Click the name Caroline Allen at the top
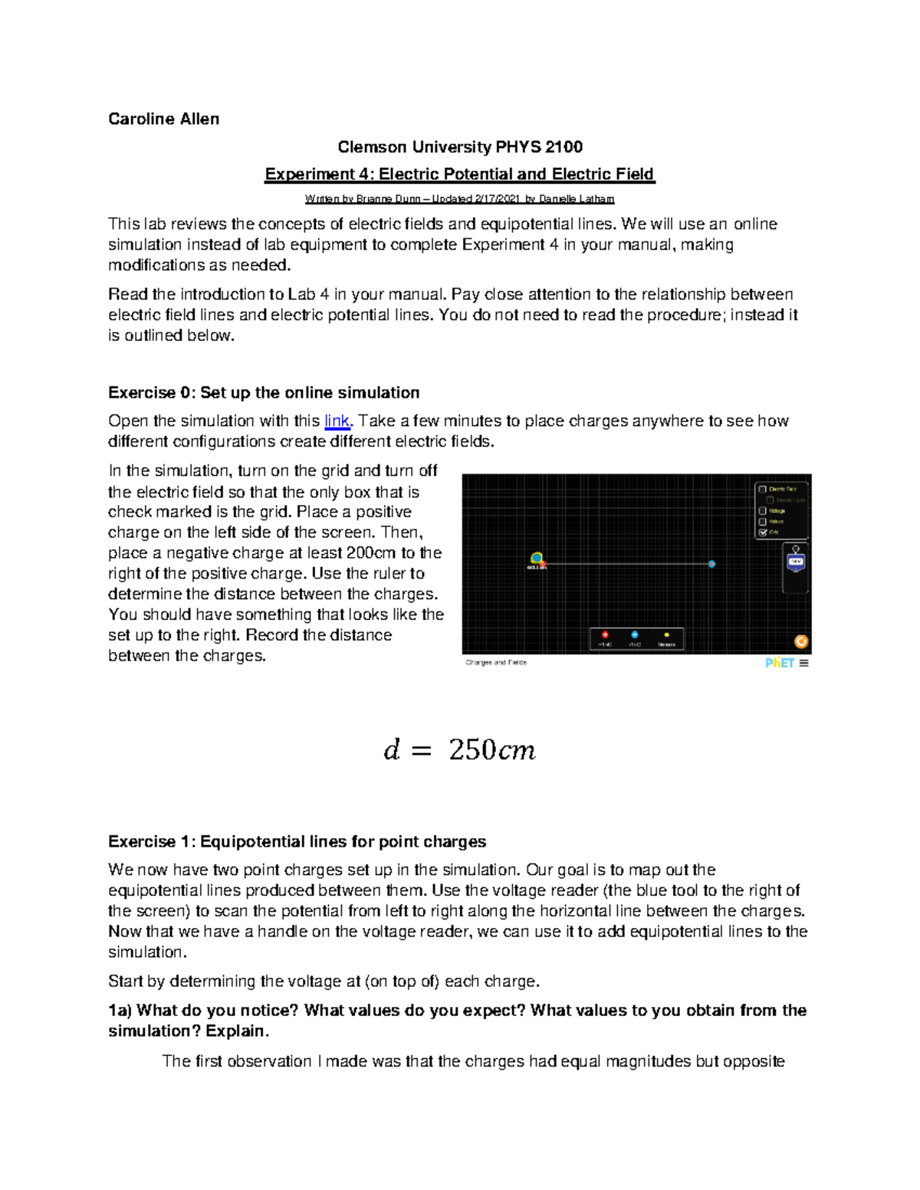click(x=163, y=119)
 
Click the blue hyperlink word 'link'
click(x=337, y=421)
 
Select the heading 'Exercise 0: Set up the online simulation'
click(x=264, y=392)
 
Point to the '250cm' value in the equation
click(x=491, y=749)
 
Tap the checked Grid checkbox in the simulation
click(x=763, y=532)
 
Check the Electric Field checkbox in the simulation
click(x=763, y=489)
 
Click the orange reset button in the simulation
click(x=800, y=642)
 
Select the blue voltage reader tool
click(x=796, y=562)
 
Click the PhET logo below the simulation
click(x=779, y=663)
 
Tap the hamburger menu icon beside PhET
click(x=803, y=663)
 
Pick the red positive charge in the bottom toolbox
click(x=605, y=634)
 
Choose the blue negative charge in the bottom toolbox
click(x=635, y=634)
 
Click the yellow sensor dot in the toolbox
click(x=666, y=634)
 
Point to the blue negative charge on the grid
click(x=711, y=564)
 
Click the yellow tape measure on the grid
click(x=537, y=559)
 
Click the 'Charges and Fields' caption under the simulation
click(x=496, y=662)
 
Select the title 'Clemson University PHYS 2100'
click(x=460, y=146)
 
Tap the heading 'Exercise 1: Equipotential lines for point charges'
click(x=297, y=841)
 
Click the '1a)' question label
click(x=120, y=1010)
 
